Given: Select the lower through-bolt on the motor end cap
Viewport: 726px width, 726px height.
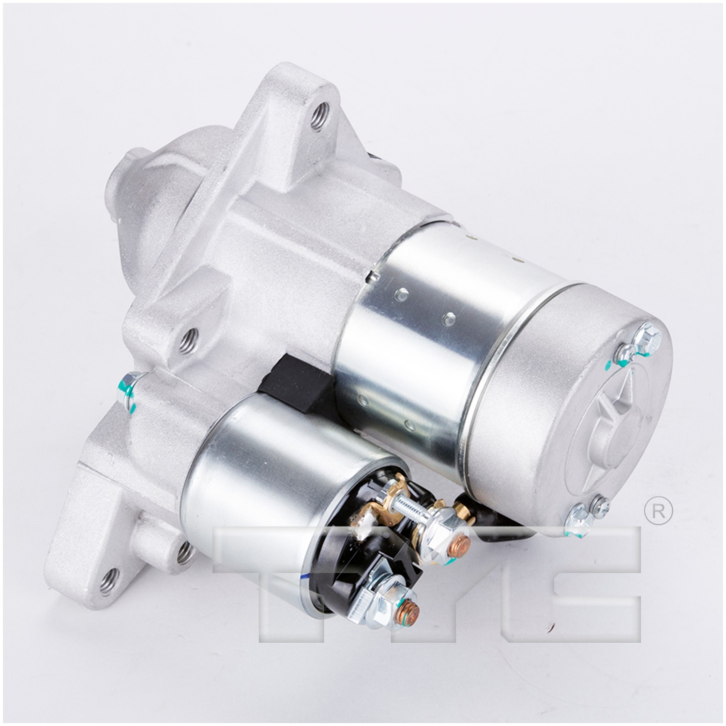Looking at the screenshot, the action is pyautogui.click(x=578, y=514).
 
